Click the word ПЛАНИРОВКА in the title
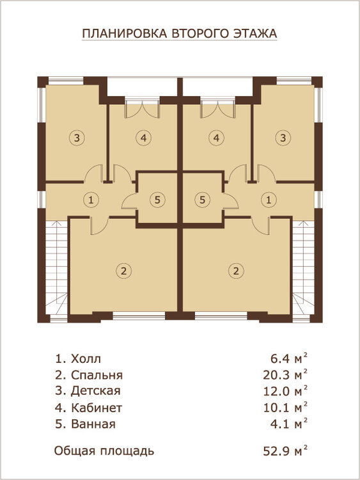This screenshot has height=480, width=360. pos(125,33)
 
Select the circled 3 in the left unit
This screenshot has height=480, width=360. pos(77,138)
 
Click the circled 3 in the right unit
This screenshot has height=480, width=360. pos(283,138)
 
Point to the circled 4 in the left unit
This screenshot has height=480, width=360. pos(143,138)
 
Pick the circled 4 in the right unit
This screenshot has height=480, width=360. pos(216,138)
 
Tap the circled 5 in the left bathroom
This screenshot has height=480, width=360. pos(157,200)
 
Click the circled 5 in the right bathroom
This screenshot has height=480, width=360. pos(202,200)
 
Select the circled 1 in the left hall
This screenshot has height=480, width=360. pos(91,200)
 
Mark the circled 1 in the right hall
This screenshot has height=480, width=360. pos(269,200)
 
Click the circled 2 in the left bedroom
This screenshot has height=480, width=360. pos(123,271)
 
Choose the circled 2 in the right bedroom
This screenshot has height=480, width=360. pos(236,271)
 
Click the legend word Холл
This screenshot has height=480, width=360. pos(86,358)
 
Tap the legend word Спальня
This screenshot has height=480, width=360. pos(97,375)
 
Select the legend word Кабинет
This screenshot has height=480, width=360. pos(97,408)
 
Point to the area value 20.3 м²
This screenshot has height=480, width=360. pos(285,374)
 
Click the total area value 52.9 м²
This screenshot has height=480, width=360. pos(285,451)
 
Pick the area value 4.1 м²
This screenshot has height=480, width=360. pos(289,424)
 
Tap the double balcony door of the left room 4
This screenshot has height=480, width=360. pos(143,109)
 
